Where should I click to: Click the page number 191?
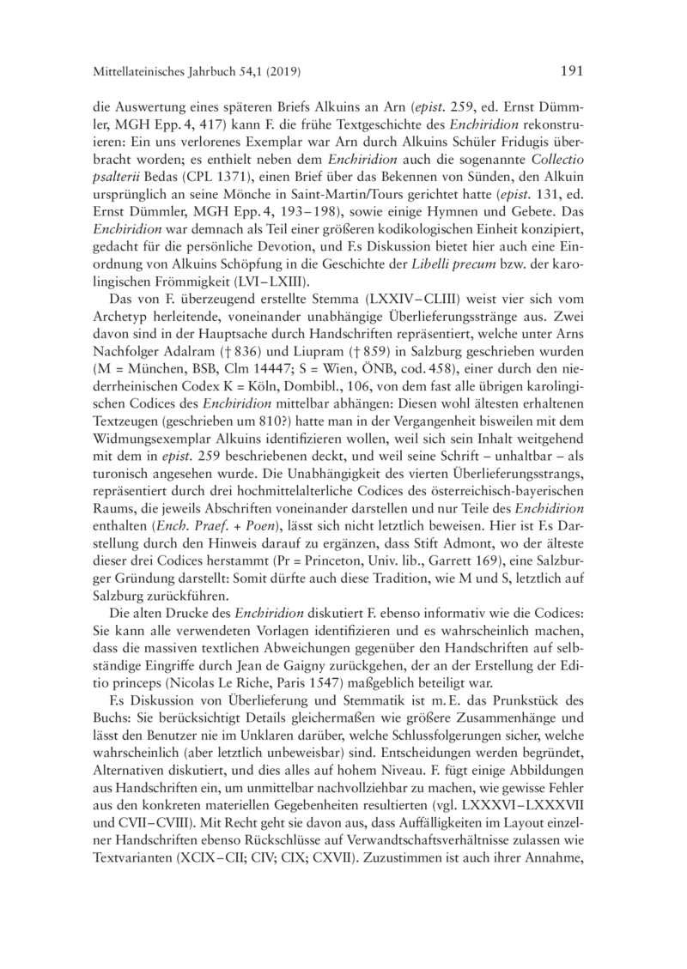(571, 71)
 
